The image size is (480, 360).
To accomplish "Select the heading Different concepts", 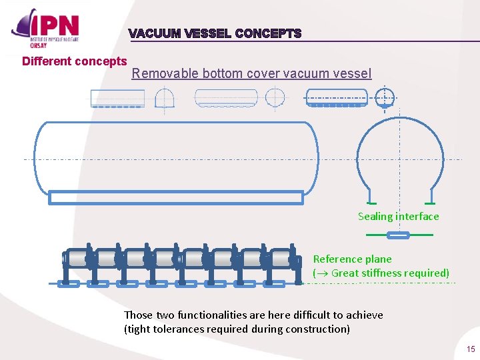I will pyautogui.click(x=74, y=61).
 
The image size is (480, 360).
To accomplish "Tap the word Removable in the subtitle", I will pyautogui.click(x=159, y=73).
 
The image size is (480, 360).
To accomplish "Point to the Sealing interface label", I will pyautogui.click(x=398, y=216).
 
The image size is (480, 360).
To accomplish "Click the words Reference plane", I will pyautogui.click(x=352, y=259).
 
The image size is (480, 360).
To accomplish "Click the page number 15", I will pyautogui.click(x=471, y=349).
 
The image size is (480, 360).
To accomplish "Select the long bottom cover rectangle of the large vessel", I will pyautogui.click(x=176, y=197).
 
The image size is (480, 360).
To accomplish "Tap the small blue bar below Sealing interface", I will pyautogui.click(x=399, y=235).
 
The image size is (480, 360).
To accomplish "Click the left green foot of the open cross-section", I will pyautogui.click(x=371, y=203).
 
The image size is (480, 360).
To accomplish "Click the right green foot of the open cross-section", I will pyautogui.click(x=430, y=203).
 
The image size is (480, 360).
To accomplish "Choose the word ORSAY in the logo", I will pyautogui.click(x=37, y=45).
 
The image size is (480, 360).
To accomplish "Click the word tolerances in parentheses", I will pyautogui.click(x=180, y=329).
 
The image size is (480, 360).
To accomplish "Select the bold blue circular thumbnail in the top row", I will pyautogui.click(x=385, y=97).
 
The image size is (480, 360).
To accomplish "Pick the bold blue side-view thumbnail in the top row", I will pyautogui.click(x=336, y=99).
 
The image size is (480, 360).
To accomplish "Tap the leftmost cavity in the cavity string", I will pyautogui.click(x=77, y=259).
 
